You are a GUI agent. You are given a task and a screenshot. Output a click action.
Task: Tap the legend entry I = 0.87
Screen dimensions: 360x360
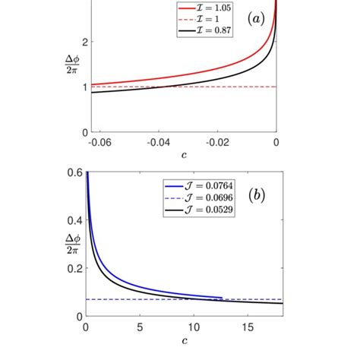[198, 31]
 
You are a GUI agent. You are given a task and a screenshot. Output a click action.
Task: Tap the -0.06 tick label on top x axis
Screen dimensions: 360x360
[99, 142]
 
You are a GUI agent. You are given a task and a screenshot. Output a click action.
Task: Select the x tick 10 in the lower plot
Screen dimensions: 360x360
[192, 327]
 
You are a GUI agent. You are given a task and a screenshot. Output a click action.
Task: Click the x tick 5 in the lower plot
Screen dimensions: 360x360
[139, 327]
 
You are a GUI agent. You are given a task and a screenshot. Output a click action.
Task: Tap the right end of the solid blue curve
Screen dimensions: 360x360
[222, 298]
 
